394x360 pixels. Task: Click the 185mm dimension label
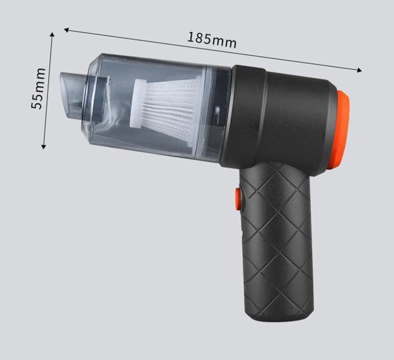point(212,40)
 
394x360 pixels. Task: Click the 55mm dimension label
point(38,89)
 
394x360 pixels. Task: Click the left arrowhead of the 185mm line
point(66,30)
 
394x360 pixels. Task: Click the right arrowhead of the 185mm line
point(360,70)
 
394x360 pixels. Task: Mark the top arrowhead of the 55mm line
point(52,34)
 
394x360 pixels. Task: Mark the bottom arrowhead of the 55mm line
point(44,147)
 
